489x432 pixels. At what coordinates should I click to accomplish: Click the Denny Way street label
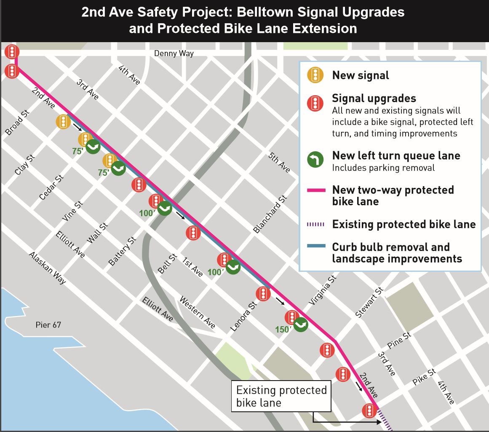(x=174, y=54)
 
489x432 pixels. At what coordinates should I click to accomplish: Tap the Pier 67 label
(x=49, y=325)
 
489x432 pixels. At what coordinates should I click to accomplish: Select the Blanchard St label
(x=270, y=214)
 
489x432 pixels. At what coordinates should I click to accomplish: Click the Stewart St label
(x=369, y=302)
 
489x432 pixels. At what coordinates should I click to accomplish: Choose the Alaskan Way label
(x=47, y=268)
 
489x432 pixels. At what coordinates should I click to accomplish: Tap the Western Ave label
(x=198, y=312)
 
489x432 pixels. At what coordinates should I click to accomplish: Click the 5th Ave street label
(x=279, y=162)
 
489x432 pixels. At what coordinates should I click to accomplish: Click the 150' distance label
(x=283, y=329)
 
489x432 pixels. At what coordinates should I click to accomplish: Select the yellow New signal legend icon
(x=315, y=75)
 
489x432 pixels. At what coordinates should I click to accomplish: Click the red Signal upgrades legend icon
(x=315, y=102)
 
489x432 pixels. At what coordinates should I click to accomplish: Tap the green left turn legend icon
(x=315, y=159)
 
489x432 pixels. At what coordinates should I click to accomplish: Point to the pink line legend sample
(x=315, y=190)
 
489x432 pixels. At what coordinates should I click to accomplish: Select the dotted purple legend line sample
(x=315, y=224)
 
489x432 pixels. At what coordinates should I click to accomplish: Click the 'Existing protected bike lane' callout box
(x=281, y=396)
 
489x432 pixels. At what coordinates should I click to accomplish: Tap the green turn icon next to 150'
(x=301, y=325)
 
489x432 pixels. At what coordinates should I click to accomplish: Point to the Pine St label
(x=399, y=340)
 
